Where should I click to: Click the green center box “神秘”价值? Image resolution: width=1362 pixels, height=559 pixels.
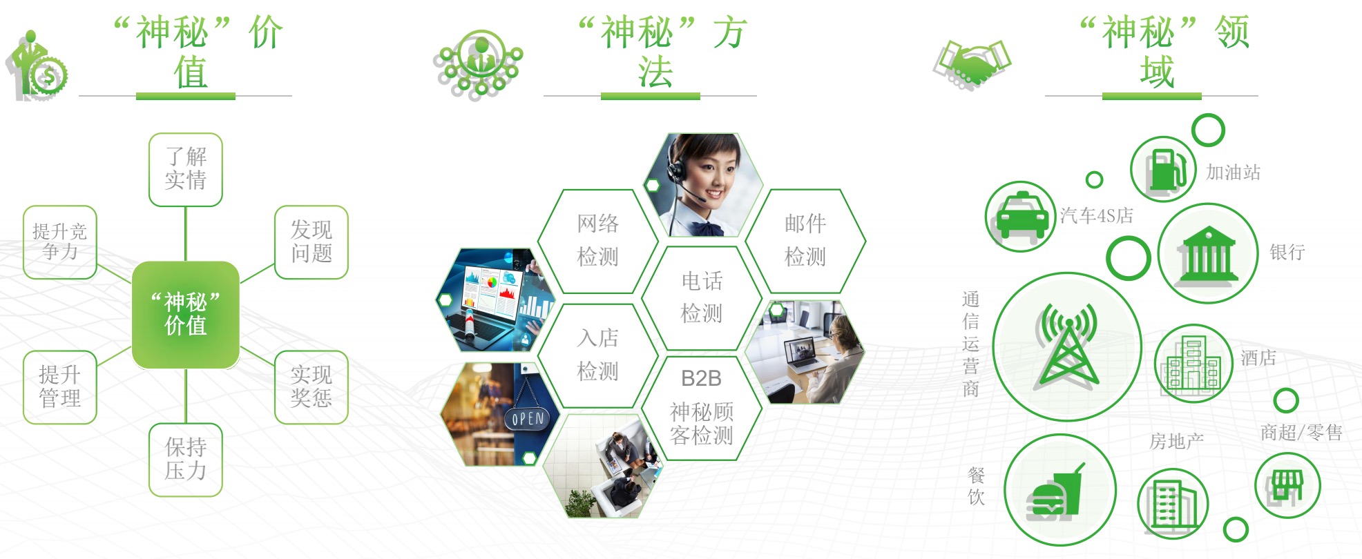point(185,315)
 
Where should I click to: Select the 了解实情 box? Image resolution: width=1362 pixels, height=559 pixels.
point(186,170)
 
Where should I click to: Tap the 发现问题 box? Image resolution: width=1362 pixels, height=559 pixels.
point(311,242)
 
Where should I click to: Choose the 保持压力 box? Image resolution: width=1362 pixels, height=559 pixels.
point(186,460)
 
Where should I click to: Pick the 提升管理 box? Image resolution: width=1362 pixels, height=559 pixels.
point(60,387)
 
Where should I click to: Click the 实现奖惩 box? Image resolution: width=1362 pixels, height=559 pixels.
point(311,387)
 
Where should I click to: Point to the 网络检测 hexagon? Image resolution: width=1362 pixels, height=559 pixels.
point(598,241)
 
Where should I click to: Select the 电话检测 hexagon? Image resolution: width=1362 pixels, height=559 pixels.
point(702,297)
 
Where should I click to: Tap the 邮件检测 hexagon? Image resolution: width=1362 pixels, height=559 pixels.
point(805,241)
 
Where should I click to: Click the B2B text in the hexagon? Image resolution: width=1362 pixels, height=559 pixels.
point(701,378)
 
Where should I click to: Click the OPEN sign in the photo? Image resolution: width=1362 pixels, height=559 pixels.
point(528,418)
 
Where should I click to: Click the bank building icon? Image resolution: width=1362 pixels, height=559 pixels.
point(1207,254)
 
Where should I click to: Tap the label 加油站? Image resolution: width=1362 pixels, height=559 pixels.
point(1233,172)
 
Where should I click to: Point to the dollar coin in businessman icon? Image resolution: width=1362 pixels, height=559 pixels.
point(49,77)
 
